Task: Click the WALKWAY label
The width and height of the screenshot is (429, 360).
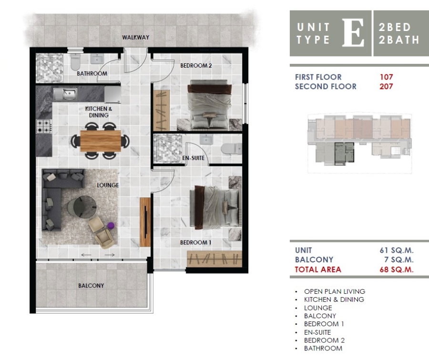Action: click(x=135, y=37)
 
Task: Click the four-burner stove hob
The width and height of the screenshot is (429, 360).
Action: click(x=44, y=126)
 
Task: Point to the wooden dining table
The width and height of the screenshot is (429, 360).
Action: click(x=100, y=140)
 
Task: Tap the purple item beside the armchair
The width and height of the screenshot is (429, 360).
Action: click(x=111, y=225)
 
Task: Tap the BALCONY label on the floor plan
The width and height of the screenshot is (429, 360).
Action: click(x=91, y=286)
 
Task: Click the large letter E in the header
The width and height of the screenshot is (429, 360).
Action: click(x=353, y=33)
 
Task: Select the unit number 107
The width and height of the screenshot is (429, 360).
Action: click(x=386, y=77)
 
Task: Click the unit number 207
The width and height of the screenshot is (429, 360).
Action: click(x=386, y=87)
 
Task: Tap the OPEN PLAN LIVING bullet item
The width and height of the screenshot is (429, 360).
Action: click(x=334, y=291)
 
